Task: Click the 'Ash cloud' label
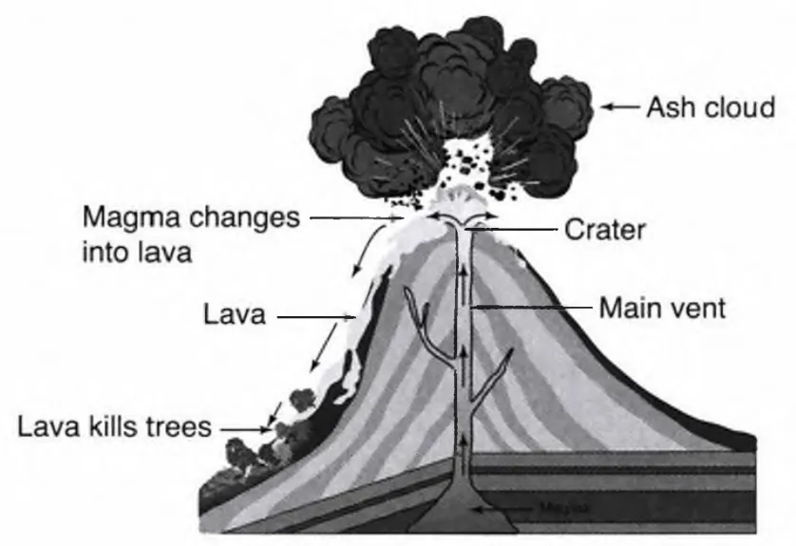(x=711, y=107)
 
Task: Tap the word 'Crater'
(x=605, y=229)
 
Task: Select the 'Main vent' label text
(x=662, y=308)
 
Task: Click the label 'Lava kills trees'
(x=114, y=426)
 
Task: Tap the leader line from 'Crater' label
(x=522, y=229)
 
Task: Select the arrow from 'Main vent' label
(x=532, y=308)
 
